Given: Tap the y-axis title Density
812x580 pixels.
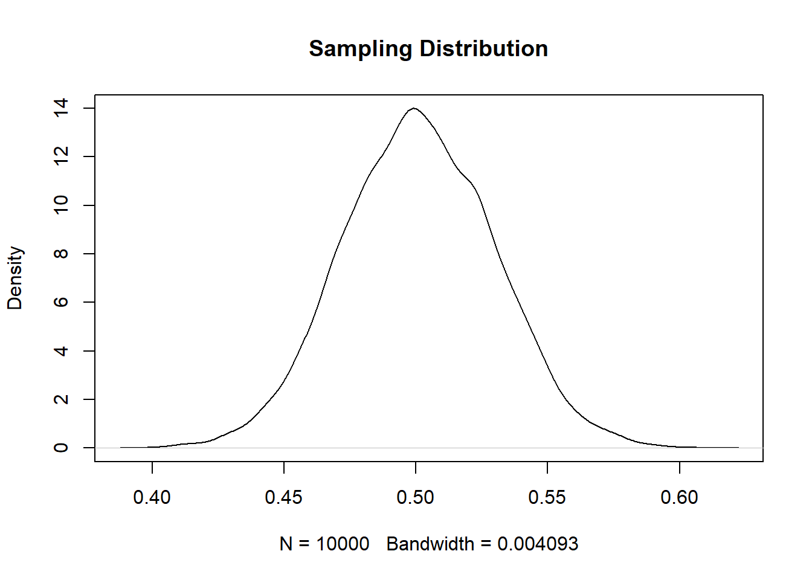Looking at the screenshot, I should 14,278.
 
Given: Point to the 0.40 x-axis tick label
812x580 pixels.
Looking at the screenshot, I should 152,497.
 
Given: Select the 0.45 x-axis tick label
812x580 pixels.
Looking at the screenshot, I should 284,497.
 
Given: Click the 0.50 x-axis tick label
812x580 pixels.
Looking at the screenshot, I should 416,497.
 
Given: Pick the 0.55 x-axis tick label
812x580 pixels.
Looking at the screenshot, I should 547,497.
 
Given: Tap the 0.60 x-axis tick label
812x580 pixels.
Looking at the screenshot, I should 679,497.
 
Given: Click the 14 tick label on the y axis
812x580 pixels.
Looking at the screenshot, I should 61,108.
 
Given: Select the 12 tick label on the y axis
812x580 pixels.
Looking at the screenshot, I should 61,156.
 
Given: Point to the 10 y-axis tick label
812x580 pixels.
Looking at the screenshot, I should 61,205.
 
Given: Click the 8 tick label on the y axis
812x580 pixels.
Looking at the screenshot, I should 61,254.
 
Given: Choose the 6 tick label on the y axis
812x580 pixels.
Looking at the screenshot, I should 61,302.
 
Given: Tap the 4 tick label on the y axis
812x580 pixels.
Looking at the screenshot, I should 61,351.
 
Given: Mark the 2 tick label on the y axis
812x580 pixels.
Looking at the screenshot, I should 61,399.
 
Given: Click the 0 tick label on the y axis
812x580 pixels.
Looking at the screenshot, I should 61,448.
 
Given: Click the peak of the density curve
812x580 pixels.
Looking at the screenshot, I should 414,108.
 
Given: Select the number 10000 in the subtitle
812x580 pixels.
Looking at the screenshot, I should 343,544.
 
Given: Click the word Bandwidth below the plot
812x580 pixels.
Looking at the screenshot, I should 430,544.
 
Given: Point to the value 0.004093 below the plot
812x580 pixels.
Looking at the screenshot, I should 538,544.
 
